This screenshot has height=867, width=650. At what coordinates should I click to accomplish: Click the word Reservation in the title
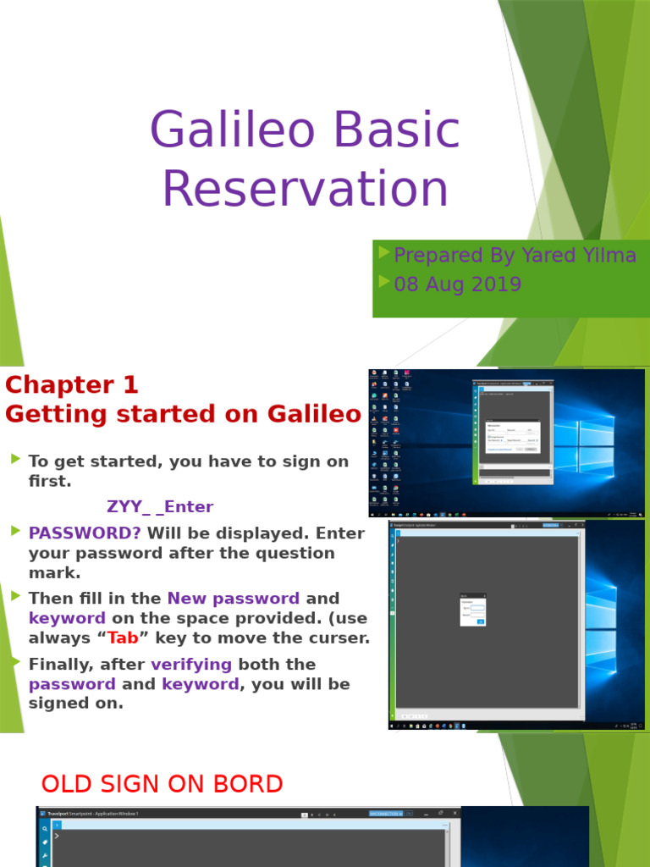pyautogui.click(x=305, y=189)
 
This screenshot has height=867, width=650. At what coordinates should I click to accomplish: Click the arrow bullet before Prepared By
pyautogui.click(x=384, y=253)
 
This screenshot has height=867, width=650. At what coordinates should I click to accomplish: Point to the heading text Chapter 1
pyautogui.click(x=72, y=385)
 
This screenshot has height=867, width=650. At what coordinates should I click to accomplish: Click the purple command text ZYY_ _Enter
pyautogui.click(x=160, y=507)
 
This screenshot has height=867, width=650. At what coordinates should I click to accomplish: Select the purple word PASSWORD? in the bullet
pyautogui.click(x=85, y=533)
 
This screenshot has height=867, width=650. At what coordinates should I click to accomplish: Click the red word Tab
pyautogui.click(x=123, y=638)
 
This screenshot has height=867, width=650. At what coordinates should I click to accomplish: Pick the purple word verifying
pyautogui.click(x=191, y=664)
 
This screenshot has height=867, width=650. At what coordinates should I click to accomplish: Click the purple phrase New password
pyautogui.click(x=234, y=599)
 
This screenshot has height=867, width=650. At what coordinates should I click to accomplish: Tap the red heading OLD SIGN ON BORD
pyautogui.click(x=162, y=784)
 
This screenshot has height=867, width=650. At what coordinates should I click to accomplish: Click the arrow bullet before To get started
pyautogui.click(x=15, y=459)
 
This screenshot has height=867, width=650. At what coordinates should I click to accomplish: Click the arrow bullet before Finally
pyautogui.click(x=15, y=662)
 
